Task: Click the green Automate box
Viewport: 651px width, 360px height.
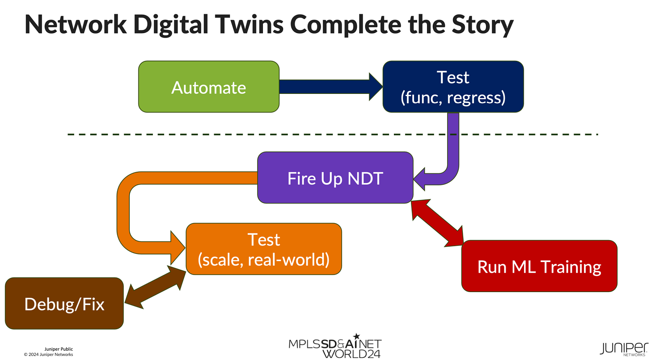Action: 209,87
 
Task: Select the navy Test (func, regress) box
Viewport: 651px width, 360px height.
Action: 453,87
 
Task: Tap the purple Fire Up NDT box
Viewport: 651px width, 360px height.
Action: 335,178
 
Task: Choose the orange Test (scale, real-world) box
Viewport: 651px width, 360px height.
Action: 264,249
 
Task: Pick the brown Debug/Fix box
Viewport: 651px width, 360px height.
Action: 64,304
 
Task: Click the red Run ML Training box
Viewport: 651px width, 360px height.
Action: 539,266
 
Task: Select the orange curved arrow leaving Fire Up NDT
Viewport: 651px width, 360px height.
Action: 124,210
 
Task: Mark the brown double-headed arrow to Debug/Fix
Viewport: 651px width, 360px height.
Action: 155,286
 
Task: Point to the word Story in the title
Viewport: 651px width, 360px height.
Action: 484,25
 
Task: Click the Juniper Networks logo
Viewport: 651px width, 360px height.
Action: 624,348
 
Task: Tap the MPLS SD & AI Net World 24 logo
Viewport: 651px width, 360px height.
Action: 335,347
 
